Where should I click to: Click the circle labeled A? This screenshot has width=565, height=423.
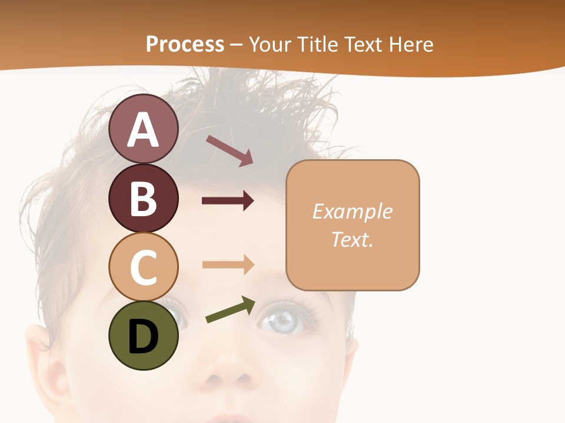[x=144, y=129]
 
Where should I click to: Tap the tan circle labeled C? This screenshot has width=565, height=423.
[x=144, y=267]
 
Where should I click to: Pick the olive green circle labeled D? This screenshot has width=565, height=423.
[x=144, y=335]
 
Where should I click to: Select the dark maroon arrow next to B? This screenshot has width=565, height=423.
[x=228, y=201]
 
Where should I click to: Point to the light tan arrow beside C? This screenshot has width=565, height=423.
[x=228, y=264]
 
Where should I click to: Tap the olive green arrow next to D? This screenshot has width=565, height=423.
[x=230, y=310]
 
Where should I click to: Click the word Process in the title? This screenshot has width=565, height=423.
[x=185, y=45]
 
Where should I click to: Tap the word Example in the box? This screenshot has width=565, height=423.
[x=352, y=211]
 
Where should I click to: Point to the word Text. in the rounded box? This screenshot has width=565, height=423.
[x=352, y=239]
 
